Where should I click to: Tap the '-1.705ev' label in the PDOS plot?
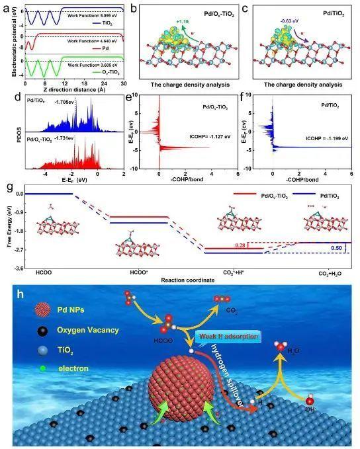(64, 102)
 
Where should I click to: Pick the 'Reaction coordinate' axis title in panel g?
(187, 279)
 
